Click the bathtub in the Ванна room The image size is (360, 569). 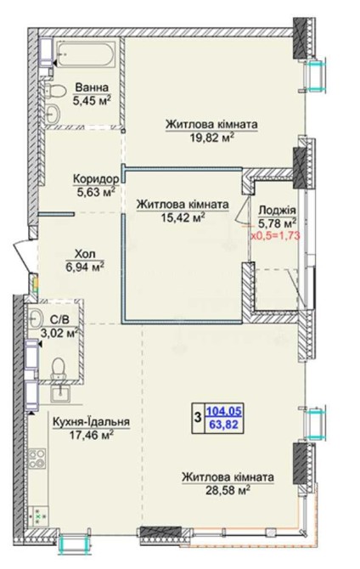pyautogui.click(x=87, y=54)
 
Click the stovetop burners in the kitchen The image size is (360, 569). pyautogui.click(x=37, y=459)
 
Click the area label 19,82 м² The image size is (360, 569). pyautogui.click(x=211, y=138)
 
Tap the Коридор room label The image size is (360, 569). pyautogui.click(x=96, y=179)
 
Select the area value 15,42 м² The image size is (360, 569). pyautogui.click(x=183, y=217)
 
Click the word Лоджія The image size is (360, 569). pyautogui.click(x=278, y=211)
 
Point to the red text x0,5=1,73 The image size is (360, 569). pyautogui.click(x=275, y=235)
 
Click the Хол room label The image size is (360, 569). pyautogui.click(x=85, y=254)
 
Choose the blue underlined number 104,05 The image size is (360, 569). pyautogui.click(x=223, y=411)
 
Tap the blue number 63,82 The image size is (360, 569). pyautogui.click(x=224, y=424)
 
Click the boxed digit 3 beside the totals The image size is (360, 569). pyautogui.click(x=198, y=417)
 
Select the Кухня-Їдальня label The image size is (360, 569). pyautogui.click(x=91, y=422)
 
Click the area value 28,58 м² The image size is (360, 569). pyautogui.click(x=228, y=491)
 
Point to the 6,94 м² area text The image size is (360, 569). pyautogui.click(x=85, y=267)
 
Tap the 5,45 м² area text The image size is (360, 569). pyautogui.click(x=92, y=100)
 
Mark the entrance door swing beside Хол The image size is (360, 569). pyautogui.click(x=22, y=255)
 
